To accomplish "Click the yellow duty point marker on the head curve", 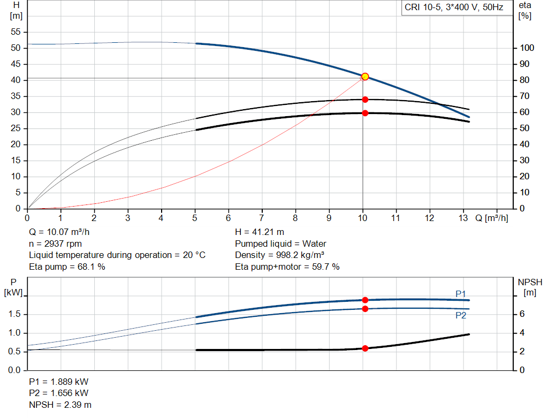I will [x=365, y=77].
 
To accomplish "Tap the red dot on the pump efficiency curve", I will [x=365, y=100].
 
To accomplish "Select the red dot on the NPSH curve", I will [x=365, y=348].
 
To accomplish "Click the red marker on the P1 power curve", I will [x=365, y=300].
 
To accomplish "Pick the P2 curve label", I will [x=461, y=316].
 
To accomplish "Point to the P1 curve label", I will [x=461, y=293].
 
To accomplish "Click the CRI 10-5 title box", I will [x=454, y=8].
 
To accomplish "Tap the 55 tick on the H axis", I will [x=16, y=32].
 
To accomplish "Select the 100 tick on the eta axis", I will [x=527, y=48].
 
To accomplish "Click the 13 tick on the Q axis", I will [x=463, y=218].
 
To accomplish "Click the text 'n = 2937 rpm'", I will [x=55, y=244].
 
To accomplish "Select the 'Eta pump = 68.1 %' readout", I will [x=67, y=267].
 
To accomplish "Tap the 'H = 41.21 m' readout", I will [x=260, y=232].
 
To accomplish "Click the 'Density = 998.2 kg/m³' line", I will [x=280, y=255].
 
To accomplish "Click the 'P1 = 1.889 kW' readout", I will [x=58, y=382].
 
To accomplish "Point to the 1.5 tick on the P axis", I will [x=16, y=314].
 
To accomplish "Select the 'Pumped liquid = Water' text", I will [x=280, y=244].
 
